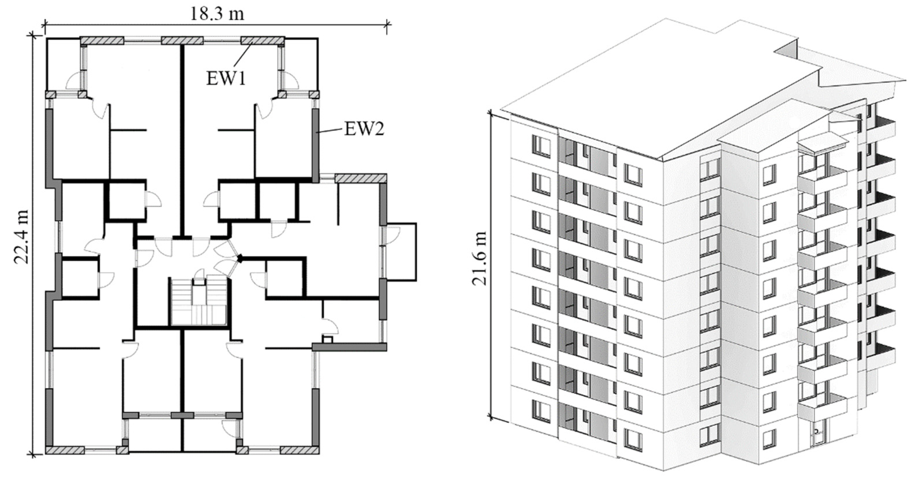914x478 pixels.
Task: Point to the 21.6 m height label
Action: (x=479, y=259)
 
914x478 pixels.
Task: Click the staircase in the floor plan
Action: (x=199, y=301)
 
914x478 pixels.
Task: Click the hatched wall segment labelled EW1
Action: (x=262, y=41)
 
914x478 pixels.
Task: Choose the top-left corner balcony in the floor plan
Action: (x=65, y=65)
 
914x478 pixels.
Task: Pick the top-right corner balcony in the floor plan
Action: (x=300, y=65)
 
